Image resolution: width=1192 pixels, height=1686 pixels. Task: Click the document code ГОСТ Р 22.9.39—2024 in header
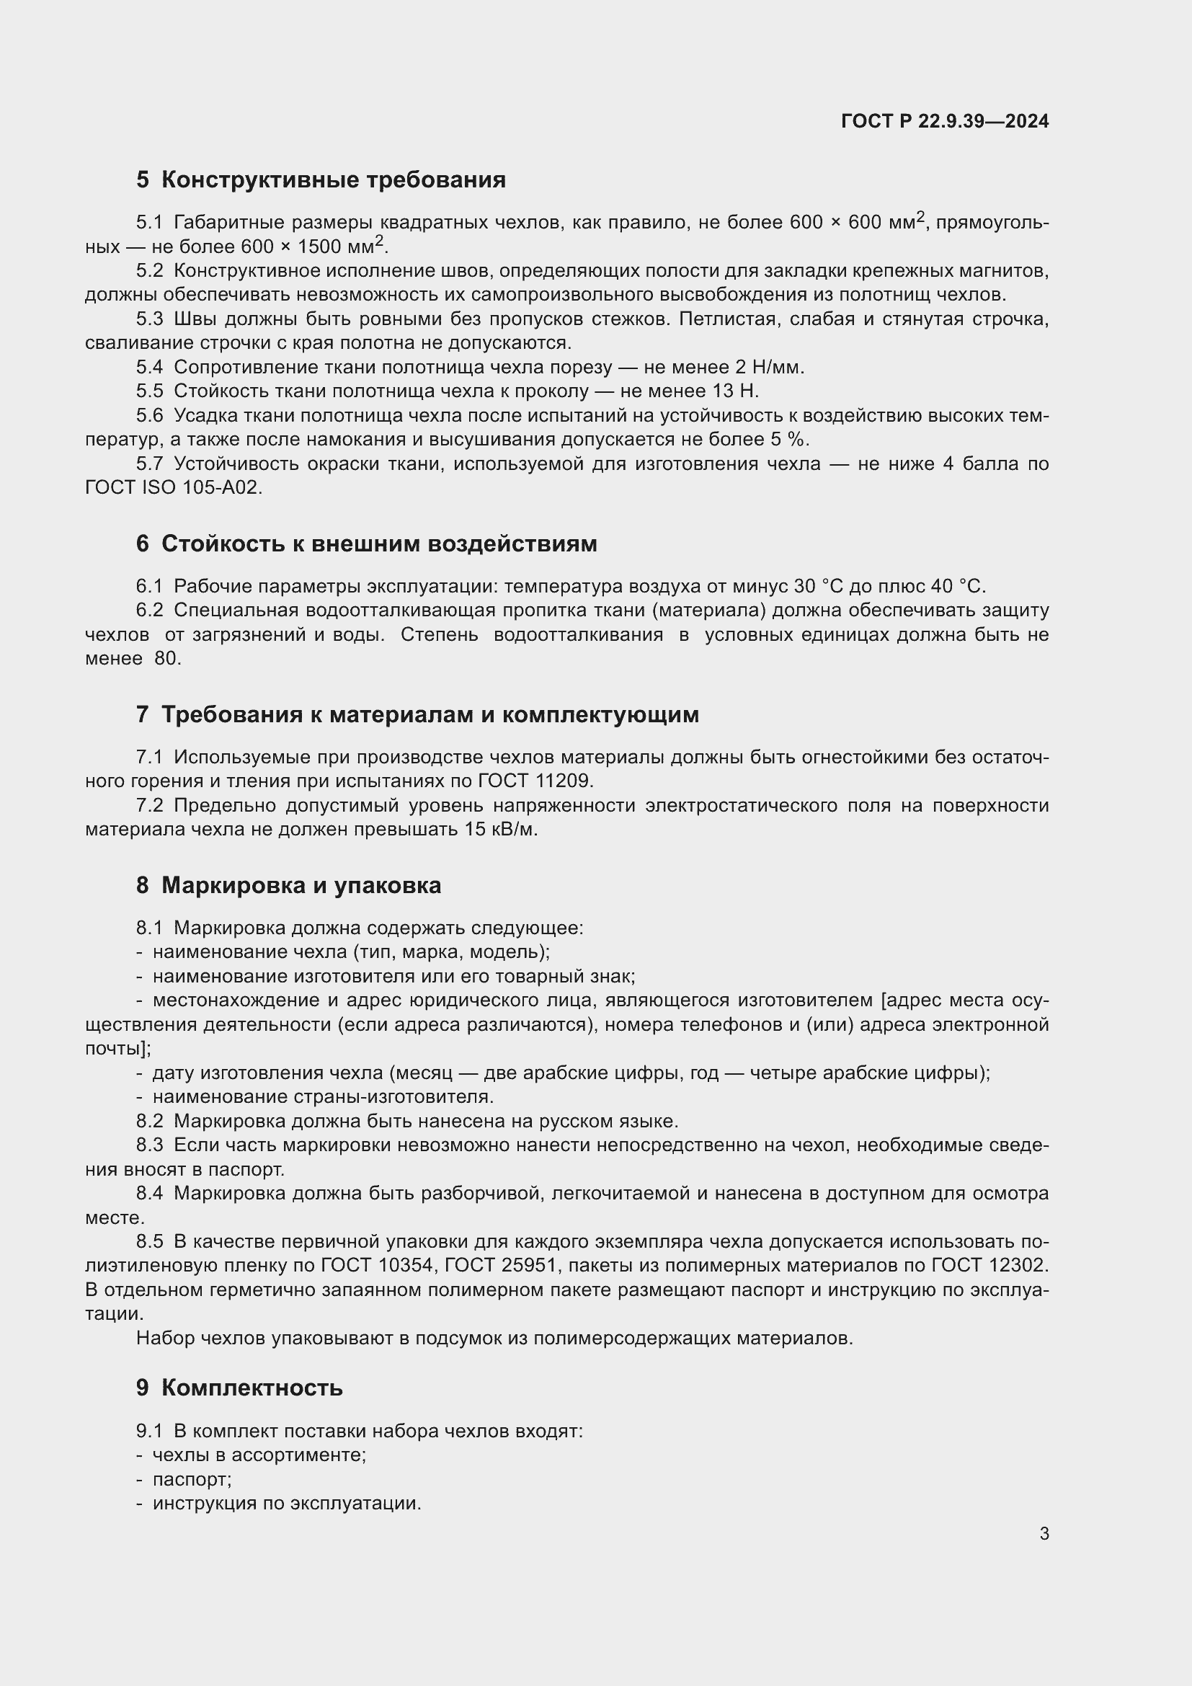coord(945,121)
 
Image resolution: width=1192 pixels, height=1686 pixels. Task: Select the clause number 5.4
coord(149,367)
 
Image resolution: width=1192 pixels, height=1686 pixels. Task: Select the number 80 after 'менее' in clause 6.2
coord(166,659)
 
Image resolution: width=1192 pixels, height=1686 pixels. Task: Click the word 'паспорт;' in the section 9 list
coord(192,1479)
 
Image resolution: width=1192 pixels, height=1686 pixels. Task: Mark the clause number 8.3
coord(149,1145)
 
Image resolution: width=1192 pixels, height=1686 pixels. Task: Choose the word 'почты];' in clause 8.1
coord(118,1049)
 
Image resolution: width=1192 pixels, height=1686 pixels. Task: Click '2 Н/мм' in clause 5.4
coord(769,367)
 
